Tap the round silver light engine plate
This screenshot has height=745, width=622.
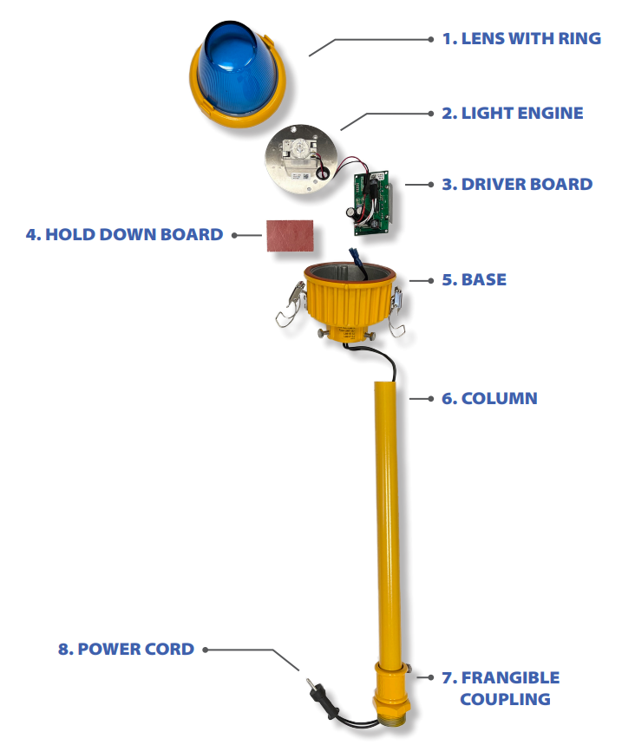pyautogui.click(x=300, y=160)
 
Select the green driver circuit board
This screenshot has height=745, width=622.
pyautogui.click(x=372, y=203)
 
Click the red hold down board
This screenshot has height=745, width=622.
pyautogui.click(x=290, y=235)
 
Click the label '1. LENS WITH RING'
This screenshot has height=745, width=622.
pyautogui.click(x=521, y=38)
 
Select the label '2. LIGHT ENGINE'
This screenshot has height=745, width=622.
pyautogui.click(x=512, y=113)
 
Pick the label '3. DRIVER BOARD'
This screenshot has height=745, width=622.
pyautogui.click(x=517, y=185)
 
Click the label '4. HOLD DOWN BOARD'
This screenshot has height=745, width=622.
pyautogui.click(x=125, y=235)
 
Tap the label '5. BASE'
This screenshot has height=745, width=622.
pyautogui.click(x=474, y=280)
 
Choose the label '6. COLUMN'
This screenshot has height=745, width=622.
pyautogui.click(x=489, y=398)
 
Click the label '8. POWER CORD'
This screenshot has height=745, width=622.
pyautogui.click(x=126, y=649)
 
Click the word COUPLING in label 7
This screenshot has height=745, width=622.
pyautogui.click(x=505, y=699)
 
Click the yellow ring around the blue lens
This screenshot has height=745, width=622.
pyautogui.click(x=238, y=107)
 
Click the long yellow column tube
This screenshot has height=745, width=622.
pyautogui.click(x=388, y=523)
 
